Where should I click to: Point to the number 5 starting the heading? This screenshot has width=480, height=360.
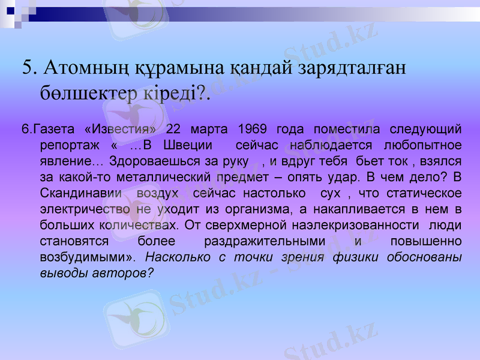tap(26, 67)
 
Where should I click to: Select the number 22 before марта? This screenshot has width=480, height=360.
tap(173, 129)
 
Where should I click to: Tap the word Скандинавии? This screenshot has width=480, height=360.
tap(80, 194)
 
